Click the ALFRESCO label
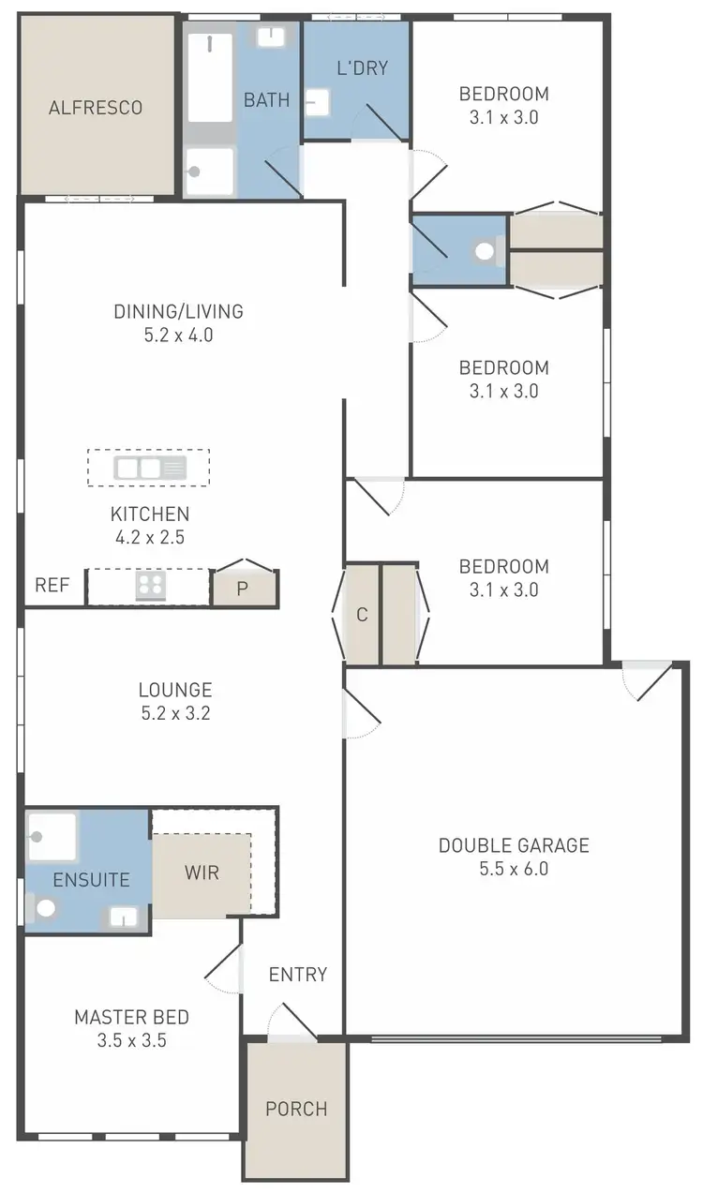pos(96,108)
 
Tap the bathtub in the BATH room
pos(210,78)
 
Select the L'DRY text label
pos(362,67)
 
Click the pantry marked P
pos(243,589)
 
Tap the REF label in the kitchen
pos(52,586)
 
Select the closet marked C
pos(362,616)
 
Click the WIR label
pos(202,872)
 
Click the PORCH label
pos(296,1109)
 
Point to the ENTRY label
pos(298,975)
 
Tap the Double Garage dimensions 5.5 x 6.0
pos(514,869)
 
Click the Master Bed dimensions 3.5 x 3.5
pos(132,1040)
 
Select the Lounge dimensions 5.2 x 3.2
pos(175,713)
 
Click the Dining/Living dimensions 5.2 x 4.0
pos(178,335)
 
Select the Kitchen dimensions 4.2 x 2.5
pos(150,538)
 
